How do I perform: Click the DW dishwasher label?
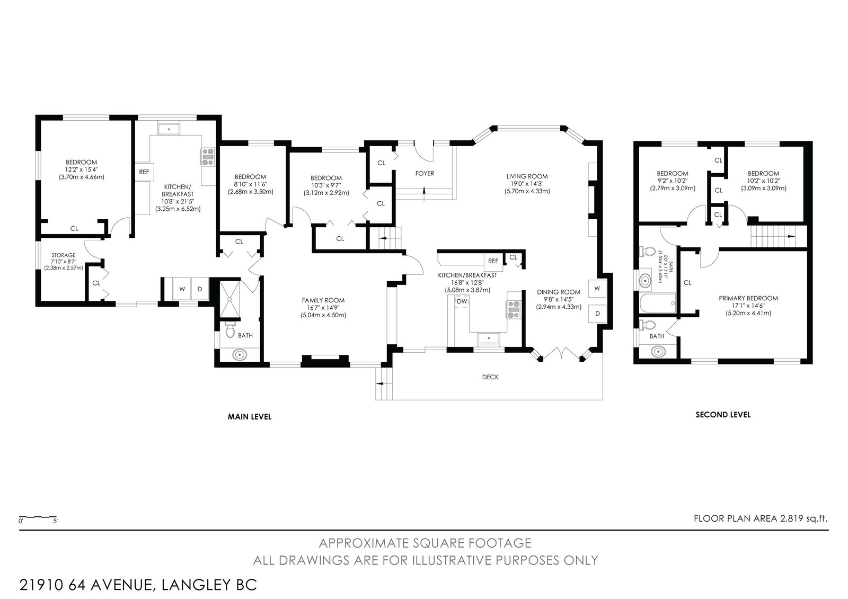(462, 301)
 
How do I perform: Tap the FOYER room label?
(425, 173)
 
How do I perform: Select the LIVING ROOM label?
(527, 176)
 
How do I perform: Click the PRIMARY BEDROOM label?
(748, 298)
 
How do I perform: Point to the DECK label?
(490, 377)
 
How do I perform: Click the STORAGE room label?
(63, 255)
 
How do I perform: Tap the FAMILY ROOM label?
(323, 300)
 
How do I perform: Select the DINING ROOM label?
(559, 292)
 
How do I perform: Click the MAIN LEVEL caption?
(250, 417)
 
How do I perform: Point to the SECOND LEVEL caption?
(723, 415)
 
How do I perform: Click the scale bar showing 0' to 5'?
(38, 517)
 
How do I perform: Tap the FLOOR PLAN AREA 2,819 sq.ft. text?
(761, 518)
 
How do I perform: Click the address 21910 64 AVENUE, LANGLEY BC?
(138, 585)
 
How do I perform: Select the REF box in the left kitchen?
(144, 172)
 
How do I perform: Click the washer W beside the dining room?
(597, 288)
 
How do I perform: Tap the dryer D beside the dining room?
(597, 314)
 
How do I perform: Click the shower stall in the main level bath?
(230, 299)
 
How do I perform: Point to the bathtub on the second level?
(658, 303)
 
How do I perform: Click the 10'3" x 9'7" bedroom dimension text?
(326, 185)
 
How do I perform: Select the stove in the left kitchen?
(207, 157)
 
